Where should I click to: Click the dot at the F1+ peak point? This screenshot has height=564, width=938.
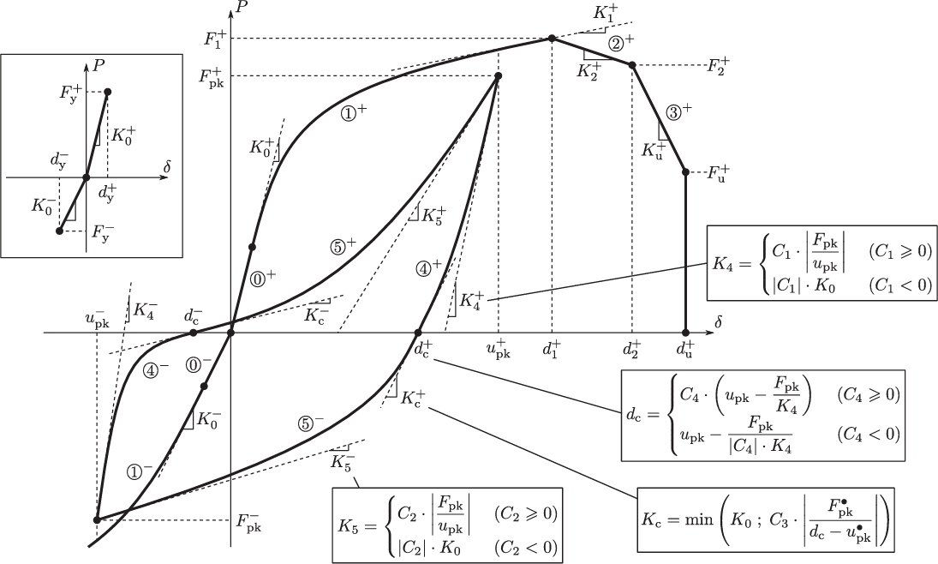[x=552, y=39]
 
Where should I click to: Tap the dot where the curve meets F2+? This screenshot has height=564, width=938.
[x=632, y=65]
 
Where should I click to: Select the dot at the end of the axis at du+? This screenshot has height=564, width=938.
[x=685, y=332]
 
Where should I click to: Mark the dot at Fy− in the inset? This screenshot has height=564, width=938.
[x=58, y=231]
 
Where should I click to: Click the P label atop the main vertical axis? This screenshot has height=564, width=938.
[x=246, y=10]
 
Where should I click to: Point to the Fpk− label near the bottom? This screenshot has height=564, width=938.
[x=249, y=521]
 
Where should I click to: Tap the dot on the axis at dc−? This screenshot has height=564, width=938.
[x=193, y=333]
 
